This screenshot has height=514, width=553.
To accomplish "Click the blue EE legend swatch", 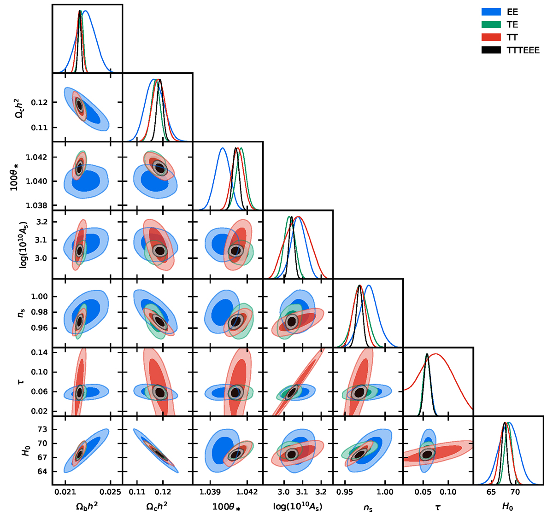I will (x=491, y=12).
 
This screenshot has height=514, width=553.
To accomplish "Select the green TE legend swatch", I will (x=491, y=25).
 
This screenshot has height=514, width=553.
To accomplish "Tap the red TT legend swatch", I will (x=491, y=37).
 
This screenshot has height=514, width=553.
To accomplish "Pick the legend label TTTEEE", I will (x=523, y=50).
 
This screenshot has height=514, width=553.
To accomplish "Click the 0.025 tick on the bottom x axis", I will (x=110, y=492).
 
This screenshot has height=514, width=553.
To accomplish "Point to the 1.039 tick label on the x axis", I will (x=210, y=492).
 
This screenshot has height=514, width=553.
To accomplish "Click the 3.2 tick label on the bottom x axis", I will (x=321, y=492).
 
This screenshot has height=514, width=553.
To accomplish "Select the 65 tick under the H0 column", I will (x=491, y=492).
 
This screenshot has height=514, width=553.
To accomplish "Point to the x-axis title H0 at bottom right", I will (x=507, y=507).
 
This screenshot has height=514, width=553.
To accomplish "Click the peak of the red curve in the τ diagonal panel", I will (x=436, y=354).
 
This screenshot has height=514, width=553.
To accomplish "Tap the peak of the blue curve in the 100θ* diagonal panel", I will (x=223, y=148).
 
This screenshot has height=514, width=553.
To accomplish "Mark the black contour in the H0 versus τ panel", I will (x=428, y=454).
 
